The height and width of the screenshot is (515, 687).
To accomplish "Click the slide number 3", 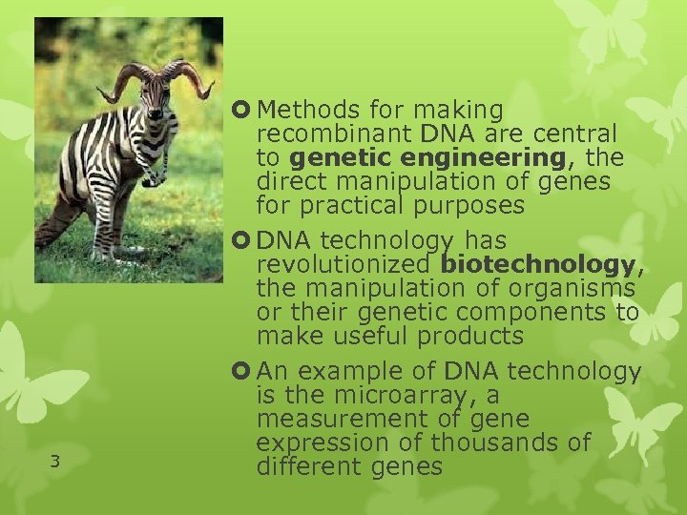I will tap(55, 463).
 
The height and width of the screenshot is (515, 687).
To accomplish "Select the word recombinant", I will tap(322, 134).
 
